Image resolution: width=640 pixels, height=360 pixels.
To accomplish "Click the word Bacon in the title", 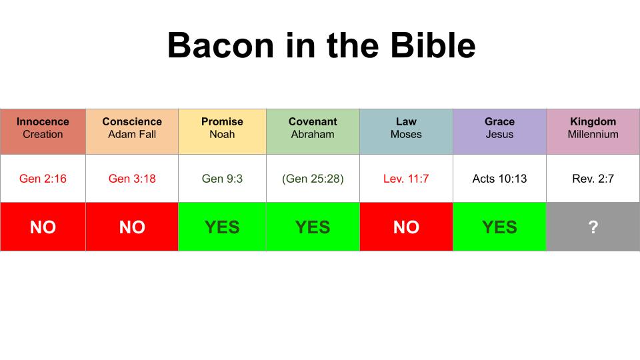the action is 221,45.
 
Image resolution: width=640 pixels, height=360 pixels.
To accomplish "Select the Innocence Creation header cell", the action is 43,131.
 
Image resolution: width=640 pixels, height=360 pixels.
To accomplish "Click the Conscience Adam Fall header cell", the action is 132,131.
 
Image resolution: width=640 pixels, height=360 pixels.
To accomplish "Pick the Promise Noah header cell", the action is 222,131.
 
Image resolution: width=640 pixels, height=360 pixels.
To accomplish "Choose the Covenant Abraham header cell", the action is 313,131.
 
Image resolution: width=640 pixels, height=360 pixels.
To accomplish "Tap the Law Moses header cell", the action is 406,131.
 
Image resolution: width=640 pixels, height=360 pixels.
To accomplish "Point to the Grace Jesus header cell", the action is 499,131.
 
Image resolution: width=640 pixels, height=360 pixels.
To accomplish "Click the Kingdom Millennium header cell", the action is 593,131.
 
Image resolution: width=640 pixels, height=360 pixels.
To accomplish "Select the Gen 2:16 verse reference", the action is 43,179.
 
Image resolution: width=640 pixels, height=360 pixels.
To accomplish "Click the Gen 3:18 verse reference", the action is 132,179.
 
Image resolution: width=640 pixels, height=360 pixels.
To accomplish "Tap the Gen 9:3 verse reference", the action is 222,179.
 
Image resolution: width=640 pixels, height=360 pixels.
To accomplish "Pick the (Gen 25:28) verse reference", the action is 313,179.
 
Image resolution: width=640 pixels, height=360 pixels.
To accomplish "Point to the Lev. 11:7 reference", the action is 406,179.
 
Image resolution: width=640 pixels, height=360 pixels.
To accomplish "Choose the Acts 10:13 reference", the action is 499,179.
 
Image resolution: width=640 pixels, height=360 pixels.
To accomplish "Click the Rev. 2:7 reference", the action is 593,179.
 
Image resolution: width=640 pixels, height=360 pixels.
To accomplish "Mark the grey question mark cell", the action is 593,227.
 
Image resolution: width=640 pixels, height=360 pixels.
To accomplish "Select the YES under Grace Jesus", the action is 499,227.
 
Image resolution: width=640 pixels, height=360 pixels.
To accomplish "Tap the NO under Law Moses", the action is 406,227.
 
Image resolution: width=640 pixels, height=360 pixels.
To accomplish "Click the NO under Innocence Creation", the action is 43,227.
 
